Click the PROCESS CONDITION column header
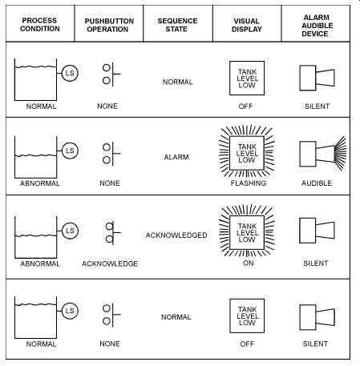(x=40, y=25)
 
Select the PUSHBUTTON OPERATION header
(x=109, y=25)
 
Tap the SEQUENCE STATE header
(x=177, y=25)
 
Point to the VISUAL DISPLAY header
(x=247, y=25)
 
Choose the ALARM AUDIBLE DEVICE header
(x=317, y=26)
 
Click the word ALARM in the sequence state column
(x=176, y=157)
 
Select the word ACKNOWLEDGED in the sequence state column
(x=176, y=235)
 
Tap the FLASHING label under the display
(x=249, y=183)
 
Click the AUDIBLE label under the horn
(x=317, y=183)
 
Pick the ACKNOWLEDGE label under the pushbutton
(x=110, y=263)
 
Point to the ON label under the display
(x=248, y=263)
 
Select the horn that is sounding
(x=323, y=154)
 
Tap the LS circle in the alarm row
(x=70, y=151)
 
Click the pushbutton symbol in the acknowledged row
(x=112, y=233)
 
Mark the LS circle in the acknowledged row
(x=70, y=231)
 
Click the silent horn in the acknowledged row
(x=317, y=231)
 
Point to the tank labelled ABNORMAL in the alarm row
(x=35, y=157)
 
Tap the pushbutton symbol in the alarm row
(x=111, y=154)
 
